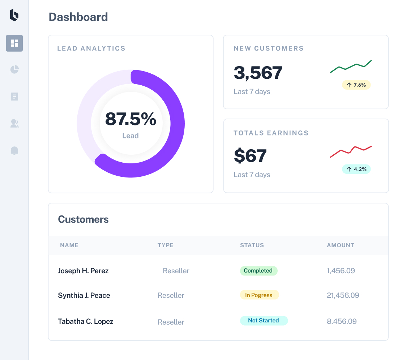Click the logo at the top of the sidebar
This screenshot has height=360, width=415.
pyautogui.click(x=14, y=15)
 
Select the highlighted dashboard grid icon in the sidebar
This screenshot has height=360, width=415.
pyautogui.click(x=14, y=43)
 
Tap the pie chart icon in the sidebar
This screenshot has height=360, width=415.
pyautogui.click(x=14, y=69)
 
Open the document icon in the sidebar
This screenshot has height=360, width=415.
pyautogui.click(x=14, y=97)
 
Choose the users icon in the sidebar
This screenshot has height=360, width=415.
pyautogui.click(x=14, y=123)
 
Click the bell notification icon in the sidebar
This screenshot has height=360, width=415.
pyautogui.click(x=14, y=151)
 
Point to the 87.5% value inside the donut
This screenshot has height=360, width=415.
pyautogui.click(x=131, y=119)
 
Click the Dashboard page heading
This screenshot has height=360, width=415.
pyautogui.click(x=78, y=17)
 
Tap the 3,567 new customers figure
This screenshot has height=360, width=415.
pyautogui.click(x=258, y=73)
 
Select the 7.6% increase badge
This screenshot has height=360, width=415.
pyautogui.click(x=356, y=85)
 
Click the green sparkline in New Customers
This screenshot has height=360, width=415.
pyautogui.click(x=351, y=67)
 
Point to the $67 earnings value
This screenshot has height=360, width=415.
pyautogui.click(x=250, y=156)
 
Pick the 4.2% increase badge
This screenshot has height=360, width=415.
pyautogui.click(x=356, y=169)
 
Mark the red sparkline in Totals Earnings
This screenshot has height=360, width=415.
pyautogui.click(x=351, y=152)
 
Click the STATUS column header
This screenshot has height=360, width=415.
pyautogui.click(x=252, y=245)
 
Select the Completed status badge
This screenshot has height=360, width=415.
pyautogui.click(x=258, y=271)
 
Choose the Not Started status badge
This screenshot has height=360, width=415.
pyautogui.click(x=264, y=321)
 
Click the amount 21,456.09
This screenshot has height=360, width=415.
pyautogui.click(x=343, y=295)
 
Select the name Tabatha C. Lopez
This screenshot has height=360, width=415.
pyautogui.click(x=85, y=321)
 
